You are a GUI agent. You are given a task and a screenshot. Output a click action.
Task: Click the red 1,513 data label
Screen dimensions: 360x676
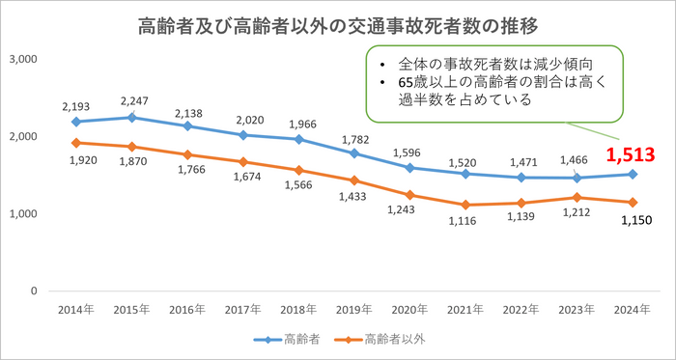pyautogui.click(x=631, y=153)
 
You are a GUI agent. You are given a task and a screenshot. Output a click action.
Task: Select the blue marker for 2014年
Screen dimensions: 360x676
pyautogui.click(x=75, y=122)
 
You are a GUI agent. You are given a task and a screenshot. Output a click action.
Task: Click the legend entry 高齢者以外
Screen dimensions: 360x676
pyautogui.click(x=393, y=340)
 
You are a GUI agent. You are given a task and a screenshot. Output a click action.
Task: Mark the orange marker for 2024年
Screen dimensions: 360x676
pyautogui.click(x=631, y=203)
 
